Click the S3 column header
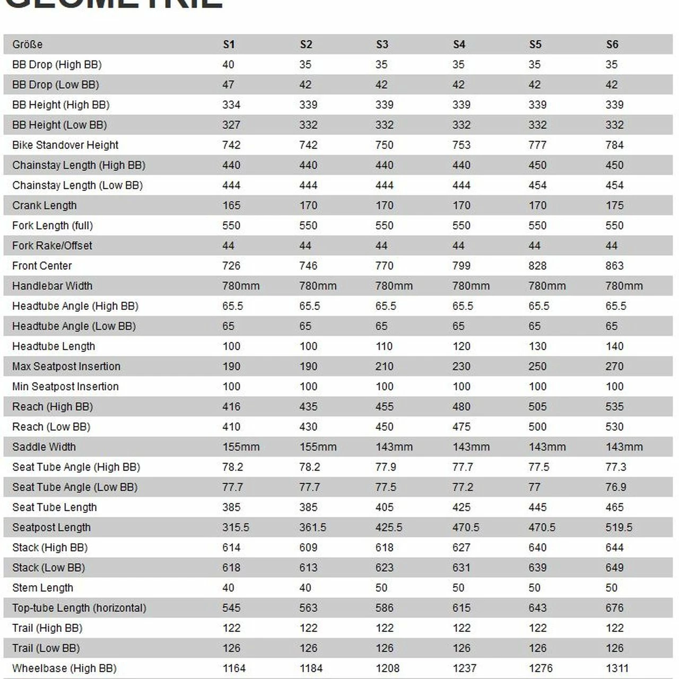(382, 45)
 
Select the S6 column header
(612, 45)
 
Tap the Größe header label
(28, 45)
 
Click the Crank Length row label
(45, 205)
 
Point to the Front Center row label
(42, 266)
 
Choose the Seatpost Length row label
(51, 527)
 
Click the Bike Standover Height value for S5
(537, 145)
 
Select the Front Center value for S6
(614, 266)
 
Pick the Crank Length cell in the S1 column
(231, 205)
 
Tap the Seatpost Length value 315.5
(236, 527)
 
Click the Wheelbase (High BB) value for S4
(465, 668)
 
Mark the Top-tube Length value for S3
(385, 608)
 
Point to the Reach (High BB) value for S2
(308, 407)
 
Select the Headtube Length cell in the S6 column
(614, 346)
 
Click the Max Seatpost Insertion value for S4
(462, 367)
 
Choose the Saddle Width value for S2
(318, 447)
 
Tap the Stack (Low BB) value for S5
(537, 568)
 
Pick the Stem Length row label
(42, 588)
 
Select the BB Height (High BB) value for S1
(231, 105)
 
